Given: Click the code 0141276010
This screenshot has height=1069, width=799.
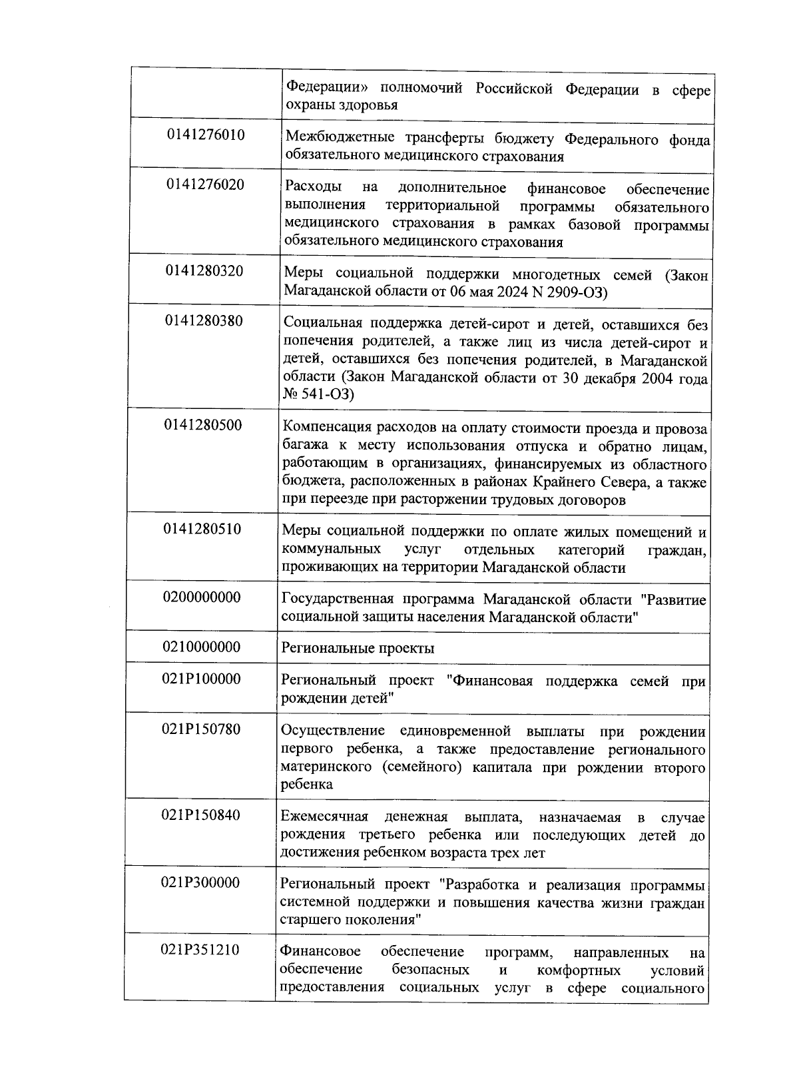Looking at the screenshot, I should pos(206,135).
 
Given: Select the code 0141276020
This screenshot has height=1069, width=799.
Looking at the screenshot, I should pos(205,184).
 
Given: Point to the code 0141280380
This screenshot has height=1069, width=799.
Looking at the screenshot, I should pos(204,320).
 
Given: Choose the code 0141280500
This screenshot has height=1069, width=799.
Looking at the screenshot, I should pos(203,424).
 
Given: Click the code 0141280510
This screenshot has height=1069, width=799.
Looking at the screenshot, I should pos(202,529).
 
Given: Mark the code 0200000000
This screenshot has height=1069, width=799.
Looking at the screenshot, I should pos(202,597).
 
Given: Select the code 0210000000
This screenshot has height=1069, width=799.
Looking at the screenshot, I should pos(202,647).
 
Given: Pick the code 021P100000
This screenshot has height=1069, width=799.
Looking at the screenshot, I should pos(201,679).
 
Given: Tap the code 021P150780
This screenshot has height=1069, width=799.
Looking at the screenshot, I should pos(200,729).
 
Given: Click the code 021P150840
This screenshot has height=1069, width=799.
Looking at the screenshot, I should pos(200,815).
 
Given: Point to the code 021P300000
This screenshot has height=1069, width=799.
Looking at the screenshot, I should pos(200,883).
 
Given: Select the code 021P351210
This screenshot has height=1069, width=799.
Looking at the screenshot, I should pos(200,950).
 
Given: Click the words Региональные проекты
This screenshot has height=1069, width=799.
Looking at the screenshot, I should pos(358,648).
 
